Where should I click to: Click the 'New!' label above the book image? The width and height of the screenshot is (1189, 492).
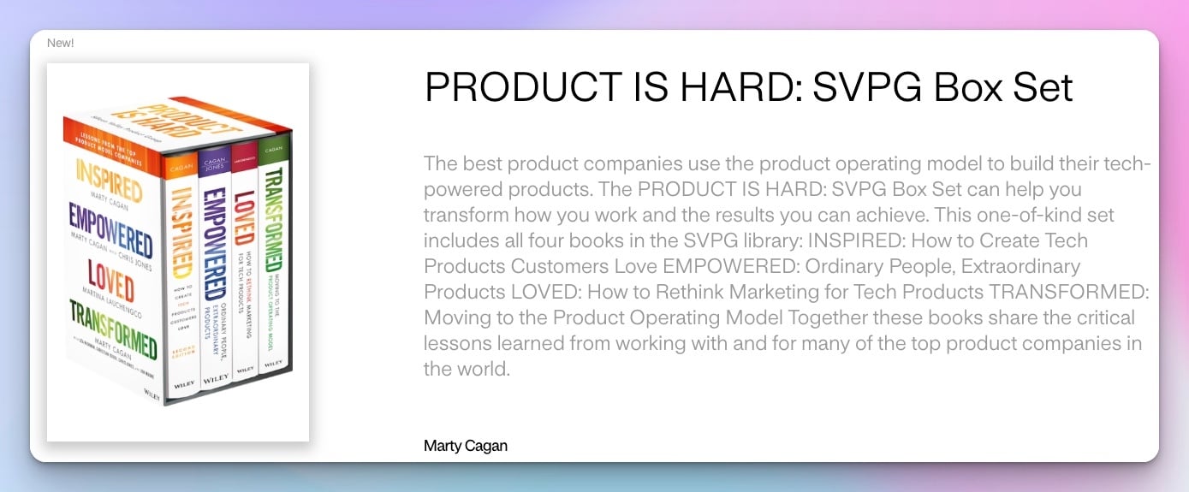click(x=60, y=43)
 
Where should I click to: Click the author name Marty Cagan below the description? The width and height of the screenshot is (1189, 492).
click(x=465, y=446)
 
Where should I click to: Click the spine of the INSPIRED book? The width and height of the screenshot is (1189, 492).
click(x=182, y=265)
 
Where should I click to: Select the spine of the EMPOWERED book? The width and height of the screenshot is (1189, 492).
click(x=216, y=265)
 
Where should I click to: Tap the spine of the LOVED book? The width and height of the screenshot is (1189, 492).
click(x=245, y=257)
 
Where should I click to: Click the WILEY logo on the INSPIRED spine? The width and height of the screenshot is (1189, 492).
click(x=184, y=384)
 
